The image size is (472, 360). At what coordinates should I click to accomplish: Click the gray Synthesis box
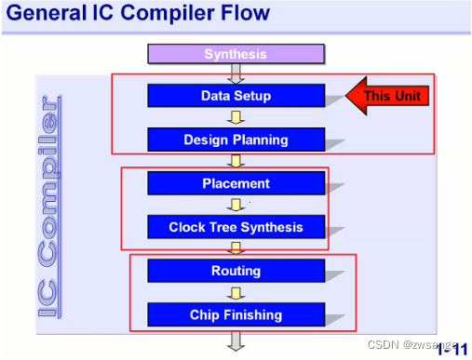pos(236,54)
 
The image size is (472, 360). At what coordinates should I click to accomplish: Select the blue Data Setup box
pos(236,96)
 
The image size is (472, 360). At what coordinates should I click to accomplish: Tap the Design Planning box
pos(236,140)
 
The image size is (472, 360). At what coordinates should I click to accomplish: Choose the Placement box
pos(236,183)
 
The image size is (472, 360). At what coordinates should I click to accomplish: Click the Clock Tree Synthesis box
pos(236,227)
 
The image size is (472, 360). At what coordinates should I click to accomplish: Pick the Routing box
pos(236,271)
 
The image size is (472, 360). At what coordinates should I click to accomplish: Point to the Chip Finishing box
pos(236,314)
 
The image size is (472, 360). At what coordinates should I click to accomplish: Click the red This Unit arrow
pos(386,95)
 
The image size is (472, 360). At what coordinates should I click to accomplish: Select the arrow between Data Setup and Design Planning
pos(236,118)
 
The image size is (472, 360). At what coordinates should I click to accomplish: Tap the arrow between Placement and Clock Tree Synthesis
pos(236,206)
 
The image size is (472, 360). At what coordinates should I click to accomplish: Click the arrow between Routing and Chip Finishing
pos(236,293)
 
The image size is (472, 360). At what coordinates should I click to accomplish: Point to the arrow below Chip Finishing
pos(236,340)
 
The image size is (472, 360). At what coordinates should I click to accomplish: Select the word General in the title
pos(47,14)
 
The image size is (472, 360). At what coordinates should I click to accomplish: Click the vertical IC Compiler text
pos(48,205)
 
